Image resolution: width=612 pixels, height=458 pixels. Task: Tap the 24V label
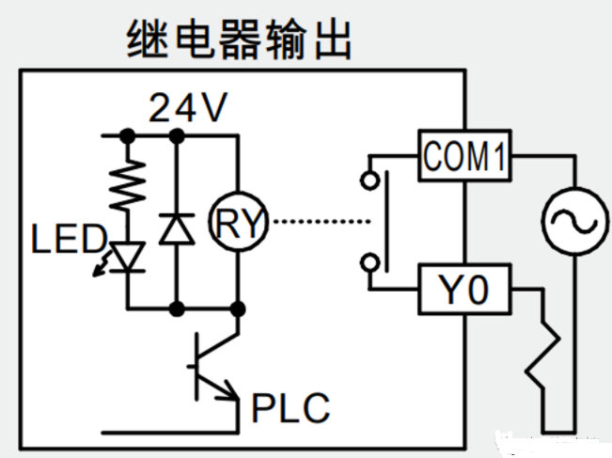[x=188, y=110]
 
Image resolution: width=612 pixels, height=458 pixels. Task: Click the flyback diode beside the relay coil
[x=174, y=228]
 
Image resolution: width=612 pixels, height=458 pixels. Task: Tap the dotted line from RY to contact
[x=320, y=224]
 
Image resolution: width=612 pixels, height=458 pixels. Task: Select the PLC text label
[x=291, y=409]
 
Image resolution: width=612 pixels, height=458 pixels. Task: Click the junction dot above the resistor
[x=126, y=136]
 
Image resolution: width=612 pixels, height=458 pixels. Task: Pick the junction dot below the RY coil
[x=240, y=308]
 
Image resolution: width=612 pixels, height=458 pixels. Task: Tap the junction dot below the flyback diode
[x=175, y=308]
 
